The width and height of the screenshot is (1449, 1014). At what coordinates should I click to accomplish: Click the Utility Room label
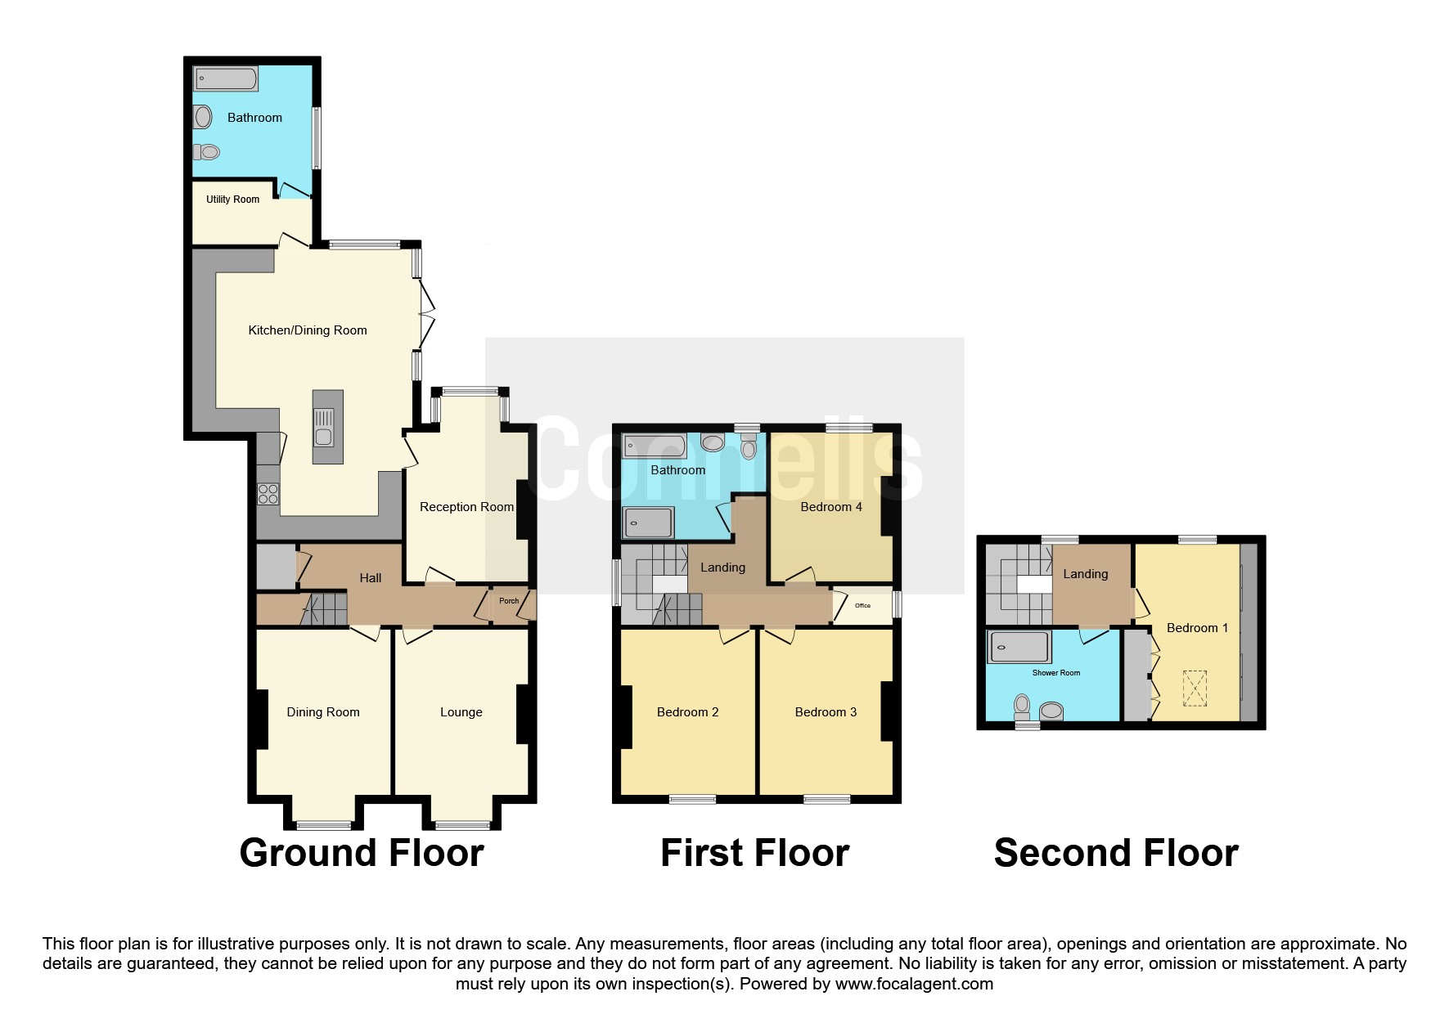[x=232, y=200]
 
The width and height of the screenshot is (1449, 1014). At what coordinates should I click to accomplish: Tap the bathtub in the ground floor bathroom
[x=226, y=79]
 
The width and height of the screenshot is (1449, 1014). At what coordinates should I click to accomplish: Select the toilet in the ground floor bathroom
[x=208, y=151]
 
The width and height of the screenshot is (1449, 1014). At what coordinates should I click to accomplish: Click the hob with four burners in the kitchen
[x=268, y=494]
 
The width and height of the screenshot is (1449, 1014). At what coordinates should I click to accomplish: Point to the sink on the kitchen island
[x=324, y=427]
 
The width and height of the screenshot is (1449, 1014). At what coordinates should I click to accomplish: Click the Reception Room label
[x=466, y=507]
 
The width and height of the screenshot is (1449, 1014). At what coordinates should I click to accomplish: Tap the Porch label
[x=509, y=601]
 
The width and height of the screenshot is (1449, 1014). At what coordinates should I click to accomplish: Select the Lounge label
[x=461, y=712]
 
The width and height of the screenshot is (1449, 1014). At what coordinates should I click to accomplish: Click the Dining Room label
[x=322, y=712]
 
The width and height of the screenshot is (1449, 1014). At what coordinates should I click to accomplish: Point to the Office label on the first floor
[x=862, y=606]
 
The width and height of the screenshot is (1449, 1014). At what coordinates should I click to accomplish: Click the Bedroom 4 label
[x=830, y=507]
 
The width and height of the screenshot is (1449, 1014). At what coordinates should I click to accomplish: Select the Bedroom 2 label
[x=687, y=712]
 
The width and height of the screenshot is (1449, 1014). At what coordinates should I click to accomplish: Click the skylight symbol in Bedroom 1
[x=1195, y=689]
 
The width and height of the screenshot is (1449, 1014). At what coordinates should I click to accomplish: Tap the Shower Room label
[x=1055, y=673]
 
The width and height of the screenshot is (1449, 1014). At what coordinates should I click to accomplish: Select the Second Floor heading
[x=1115, y=853]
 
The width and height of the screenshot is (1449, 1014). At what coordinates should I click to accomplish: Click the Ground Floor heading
[x=362, y=853]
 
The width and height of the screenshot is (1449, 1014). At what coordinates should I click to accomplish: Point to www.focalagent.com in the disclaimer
[x=914, y=984]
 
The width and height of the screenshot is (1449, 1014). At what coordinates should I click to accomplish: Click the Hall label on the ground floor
[x=370, y=578]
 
